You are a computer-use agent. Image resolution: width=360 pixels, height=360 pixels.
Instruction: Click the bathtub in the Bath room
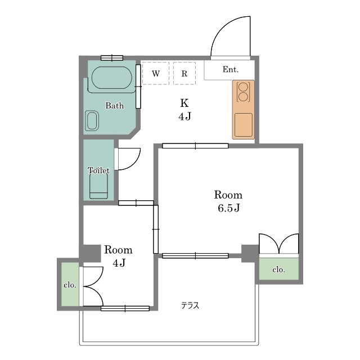point(112,78)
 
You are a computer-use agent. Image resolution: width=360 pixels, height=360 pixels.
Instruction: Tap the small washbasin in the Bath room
point(92,121)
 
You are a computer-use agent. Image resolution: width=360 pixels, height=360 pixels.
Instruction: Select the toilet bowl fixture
point(98,186)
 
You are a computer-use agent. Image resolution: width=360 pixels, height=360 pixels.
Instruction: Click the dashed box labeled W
point(156,73)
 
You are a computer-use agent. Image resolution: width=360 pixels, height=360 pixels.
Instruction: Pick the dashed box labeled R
point(184,73)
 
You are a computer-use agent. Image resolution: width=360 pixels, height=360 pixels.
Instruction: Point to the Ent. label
point(231,69)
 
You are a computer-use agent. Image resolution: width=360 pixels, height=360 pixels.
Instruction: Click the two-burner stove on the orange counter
point(244,92)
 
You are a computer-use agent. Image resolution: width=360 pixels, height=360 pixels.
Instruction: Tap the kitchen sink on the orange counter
point(244,125)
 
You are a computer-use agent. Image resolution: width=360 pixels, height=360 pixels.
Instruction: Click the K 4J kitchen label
point(184,110)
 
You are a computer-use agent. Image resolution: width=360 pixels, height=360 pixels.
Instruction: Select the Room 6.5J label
point(228,201)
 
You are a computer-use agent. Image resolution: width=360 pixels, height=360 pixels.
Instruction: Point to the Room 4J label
point(119,256)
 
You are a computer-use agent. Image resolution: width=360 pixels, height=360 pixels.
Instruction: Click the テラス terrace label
point(190,305)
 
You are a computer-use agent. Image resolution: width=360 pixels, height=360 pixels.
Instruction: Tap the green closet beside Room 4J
point(70,284)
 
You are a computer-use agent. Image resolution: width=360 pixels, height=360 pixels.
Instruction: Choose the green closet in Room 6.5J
point(279,269)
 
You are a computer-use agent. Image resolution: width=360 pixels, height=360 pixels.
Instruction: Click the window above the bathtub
point(112,58)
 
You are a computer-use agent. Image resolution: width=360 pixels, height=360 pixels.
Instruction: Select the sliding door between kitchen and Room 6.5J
point(195,146)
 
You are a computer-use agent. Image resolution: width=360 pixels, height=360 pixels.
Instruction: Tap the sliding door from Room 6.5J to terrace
point(195,255)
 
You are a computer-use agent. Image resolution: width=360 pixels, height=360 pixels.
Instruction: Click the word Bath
point(115,106)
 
